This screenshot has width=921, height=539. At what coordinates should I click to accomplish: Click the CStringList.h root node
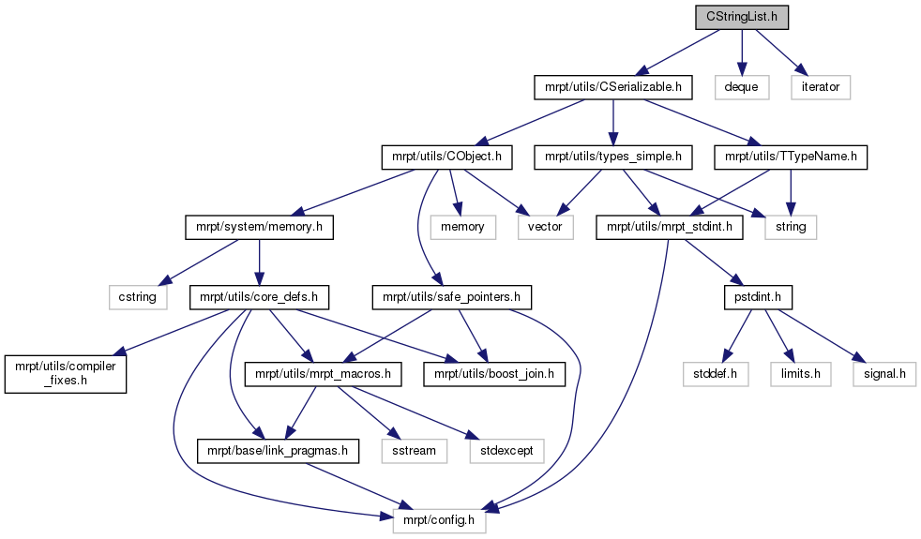pyautogui.click(x=742, y=17)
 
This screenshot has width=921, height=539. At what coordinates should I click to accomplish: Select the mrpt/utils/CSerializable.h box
pyautogui.click(x=613, y=87)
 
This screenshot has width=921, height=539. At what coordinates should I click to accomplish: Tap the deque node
pyautogui.click(x=741, y=87)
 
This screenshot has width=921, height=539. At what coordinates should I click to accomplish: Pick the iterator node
pyautogui.click(x=821, y=87)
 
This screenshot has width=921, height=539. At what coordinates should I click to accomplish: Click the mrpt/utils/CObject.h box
pyautogui.click(x=447, y=157)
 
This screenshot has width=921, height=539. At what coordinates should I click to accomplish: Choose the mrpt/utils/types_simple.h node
pyautogui.click(x=613, y=157)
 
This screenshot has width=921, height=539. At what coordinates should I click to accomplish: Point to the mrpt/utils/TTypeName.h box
pyautogui.click(x=791, y=157)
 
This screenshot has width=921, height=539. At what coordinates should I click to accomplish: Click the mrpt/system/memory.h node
pyautogui.click(x=259, y=227)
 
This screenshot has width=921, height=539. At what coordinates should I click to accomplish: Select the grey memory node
pyautogui.click(x=463, y=227)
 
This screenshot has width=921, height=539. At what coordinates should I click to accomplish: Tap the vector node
pyautogui.click(x=545, y=227)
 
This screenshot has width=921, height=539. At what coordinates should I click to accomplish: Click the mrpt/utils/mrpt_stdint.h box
pyautogui.click(x=669, y=227)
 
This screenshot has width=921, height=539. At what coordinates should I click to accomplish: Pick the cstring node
pyautogui.click(x=138, y=298)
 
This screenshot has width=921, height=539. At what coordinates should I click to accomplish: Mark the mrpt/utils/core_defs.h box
pyautogui.click(x=259, y=298)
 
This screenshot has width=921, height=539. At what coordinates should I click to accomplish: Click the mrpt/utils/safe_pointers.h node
pyautogui.click(x=452, y=298)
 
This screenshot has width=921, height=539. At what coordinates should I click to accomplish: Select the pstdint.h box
pyautogui.click(x=758, y=298)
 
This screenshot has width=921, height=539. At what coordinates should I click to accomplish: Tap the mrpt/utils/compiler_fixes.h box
pyautogui.click(x=66, y=374)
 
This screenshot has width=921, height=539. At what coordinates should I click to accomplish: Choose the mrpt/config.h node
pyautogui.click(x=439, y=521)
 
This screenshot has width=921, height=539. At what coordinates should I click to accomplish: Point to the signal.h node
pyautogui.click(x=884, y=374)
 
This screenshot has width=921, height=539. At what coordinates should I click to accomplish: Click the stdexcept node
pyautogui.click(x=506, y=451)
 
